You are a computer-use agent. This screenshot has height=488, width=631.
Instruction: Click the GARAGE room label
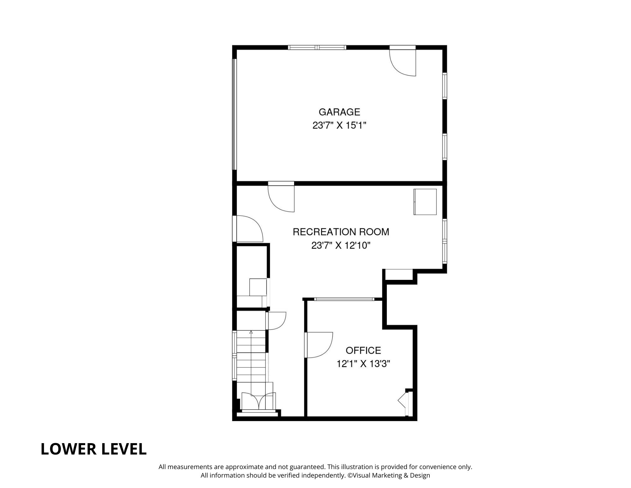tap(339, 112)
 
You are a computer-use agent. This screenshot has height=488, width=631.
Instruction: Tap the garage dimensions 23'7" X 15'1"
tap(339, 126)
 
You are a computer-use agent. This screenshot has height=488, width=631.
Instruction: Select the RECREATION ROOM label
tap(341, 232)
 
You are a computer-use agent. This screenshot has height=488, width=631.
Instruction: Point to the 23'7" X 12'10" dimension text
tap(341, 245)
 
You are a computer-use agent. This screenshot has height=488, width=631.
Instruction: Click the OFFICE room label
tap(363, 350)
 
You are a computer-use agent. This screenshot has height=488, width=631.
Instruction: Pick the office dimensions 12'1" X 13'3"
tap(363, 364)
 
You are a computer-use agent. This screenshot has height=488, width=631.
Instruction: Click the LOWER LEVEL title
tap(94, 449)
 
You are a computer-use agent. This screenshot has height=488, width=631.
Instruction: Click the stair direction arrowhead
tap(251, 332)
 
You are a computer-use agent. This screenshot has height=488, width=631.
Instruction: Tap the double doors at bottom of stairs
tap(258, 402)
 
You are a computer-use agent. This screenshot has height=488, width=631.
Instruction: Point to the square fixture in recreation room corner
tap(425, 202)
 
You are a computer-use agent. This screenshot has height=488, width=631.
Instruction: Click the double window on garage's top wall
tap(317, 48)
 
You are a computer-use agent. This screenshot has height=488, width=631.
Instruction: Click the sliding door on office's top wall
tap(344, 299)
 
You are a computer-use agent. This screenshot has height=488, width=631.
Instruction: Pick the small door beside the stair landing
tap(276, 321)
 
